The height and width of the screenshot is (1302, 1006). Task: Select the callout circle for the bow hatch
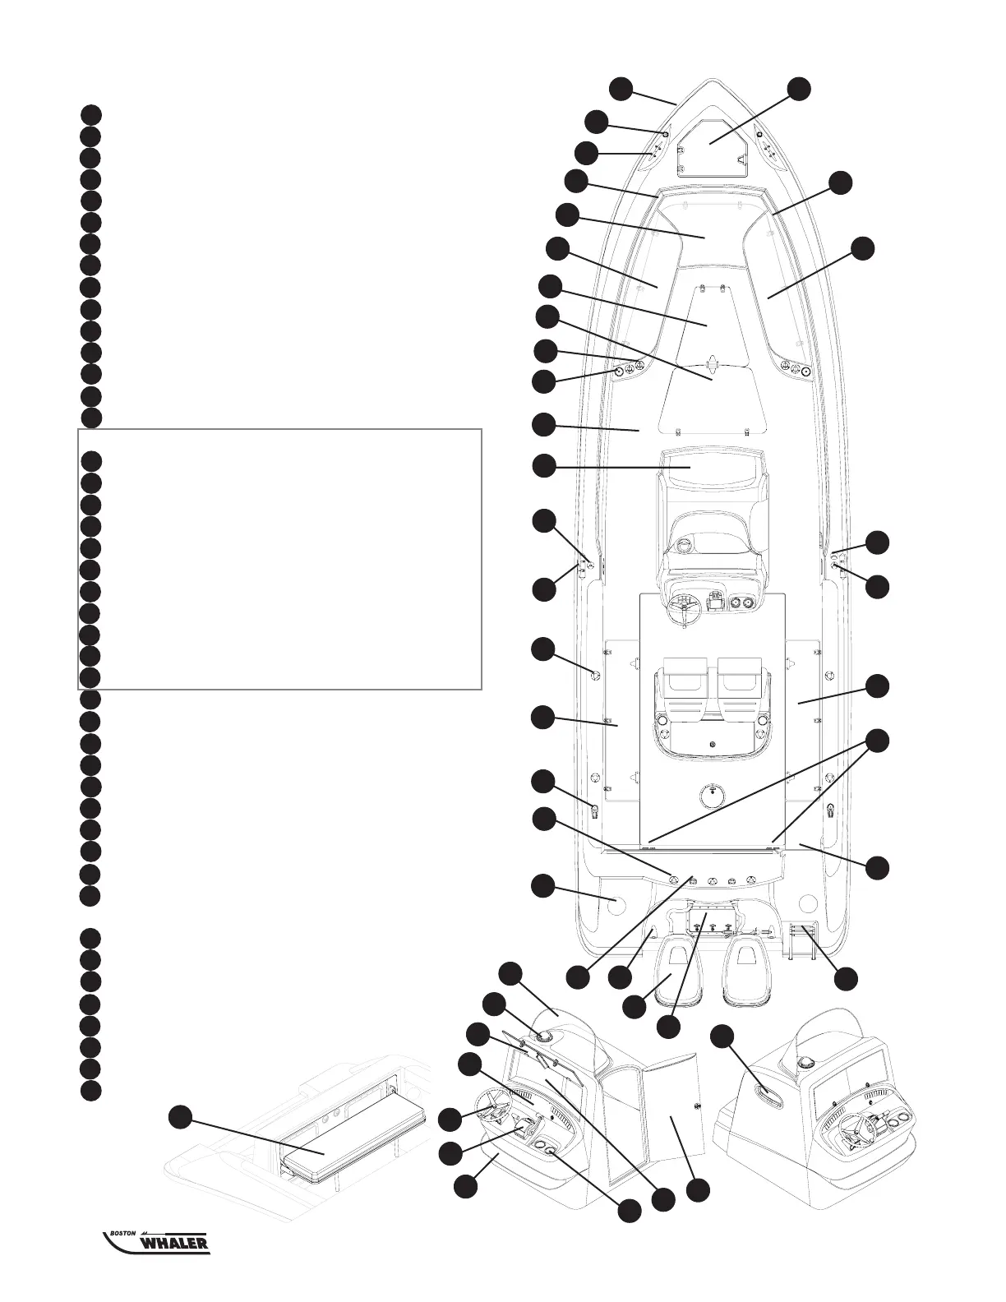coord(798,88)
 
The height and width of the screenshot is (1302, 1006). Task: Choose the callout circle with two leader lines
coord(879,741)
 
